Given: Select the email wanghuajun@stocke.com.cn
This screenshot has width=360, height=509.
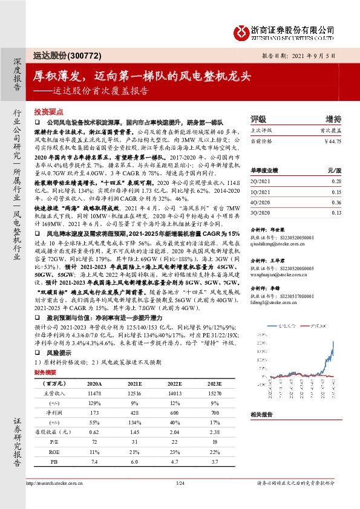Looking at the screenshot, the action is tap(279, 274).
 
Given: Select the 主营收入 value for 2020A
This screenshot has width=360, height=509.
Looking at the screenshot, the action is tap(94, 394).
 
